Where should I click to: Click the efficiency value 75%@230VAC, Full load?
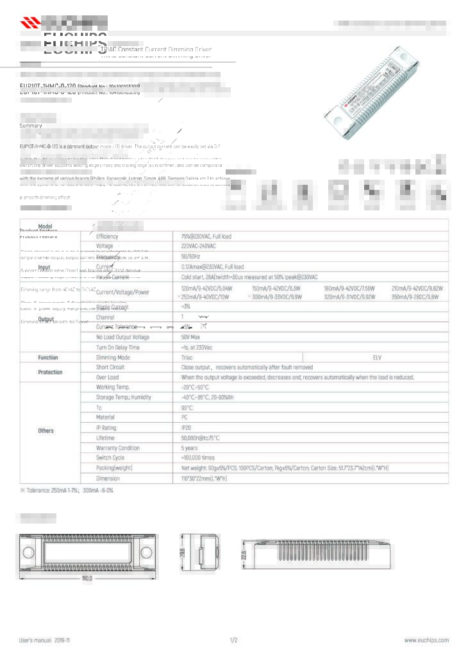click(x=206, y=236)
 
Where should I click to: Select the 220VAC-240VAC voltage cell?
click(x=198, y=246)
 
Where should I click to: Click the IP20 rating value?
click(x=187, y=427)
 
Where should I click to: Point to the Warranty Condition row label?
click(x=118, y=448)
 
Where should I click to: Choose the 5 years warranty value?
click(x=189, y=448)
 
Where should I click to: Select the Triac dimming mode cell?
click(x=187, y=357)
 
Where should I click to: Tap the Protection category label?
click(x=50, y=372)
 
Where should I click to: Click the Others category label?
click(x=46, y=431)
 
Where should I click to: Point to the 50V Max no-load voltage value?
click(x=192, y=337)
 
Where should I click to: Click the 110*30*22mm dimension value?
click(x=205, y=478)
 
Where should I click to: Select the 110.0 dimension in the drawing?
click(x=87, y=578)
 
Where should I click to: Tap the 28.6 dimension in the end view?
click(x=183, y=551)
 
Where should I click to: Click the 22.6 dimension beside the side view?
click(x=244, y=553)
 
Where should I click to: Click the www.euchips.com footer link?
click(x=426, y=640)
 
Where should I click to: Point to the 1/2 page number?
click(x=233, y=640)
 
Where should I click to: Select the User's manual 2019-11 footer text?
click(x=44, y=640)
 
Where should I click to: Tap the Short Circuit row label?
click(x=110, y=368)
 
